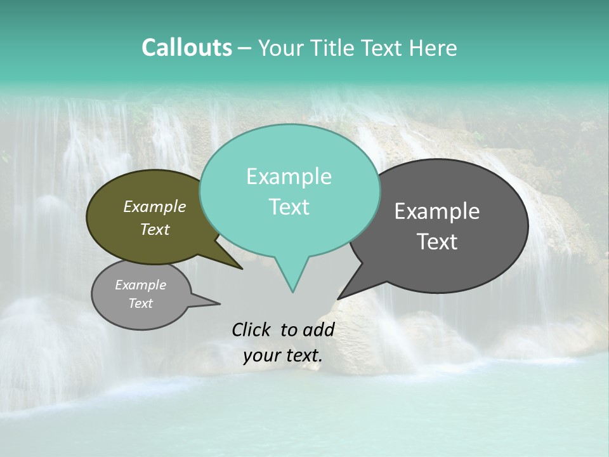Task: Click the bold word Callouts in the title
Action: click(187, 48)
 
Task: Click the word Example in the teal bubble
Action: click(289, 176)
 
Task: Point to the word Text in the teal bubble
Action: click(289, 206)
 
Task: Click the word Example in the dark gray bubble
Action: click(436, 211)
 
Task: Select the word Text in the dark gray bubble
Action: click(437, 241)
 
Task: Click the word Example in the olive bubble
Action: click(154, 206)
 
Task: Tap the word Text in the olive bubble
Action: click(154, 229)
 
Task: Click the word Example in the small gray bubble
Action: click(140, 285)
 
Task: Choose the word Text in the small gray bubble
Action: click(140, 303)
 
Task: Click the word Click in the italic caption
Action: click(251, 329)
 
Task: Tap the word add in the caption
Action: click(319, 329)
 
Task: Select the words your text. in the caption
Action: click(282, 355)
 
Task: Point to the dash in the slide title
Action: click(245, 48)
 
